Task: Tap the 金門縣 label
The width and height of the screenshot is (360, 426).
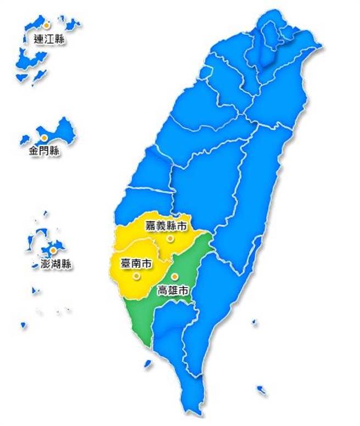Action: [x=44, y=150]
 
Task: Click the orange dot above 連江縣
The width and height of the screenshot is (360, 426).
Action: [x=47, y=25]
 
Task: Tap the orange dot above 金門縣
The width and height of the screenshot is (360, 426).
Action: [x=43, y=137]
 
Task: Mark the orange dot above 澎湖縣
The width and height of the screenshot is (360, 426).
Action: [x=53, y=250]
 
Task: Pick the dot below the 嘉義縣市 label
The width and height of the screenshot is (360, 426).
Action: [x=170, y=238]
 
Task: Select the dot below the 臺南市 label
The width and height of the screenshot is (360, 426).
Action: [x=136, y=277]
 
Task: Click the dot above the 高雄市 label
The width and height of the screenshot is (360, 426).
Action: [x=174, y=276]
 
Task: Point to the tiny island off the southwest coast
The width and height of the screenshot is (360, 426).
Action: [x=147, y=363]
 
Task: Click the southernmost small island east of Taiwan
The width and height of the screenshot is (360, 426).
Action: [x=262, y=390]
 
